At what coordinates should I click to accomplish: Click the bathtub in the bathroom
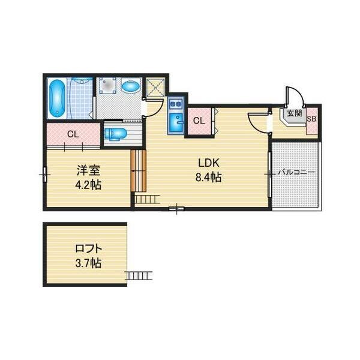(x=57, y=98)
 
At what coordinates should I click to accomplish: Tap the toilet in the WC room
(x=115, y=134)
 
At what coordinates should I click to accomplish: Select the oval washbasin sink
(x=131, y=87)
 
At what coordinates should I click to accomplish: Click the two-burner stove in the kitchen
(x=176, y=104)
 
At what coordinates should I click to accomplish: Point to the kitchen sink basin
(x=176, y=123)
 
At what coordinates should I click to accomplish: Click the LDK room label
(x=209, y=163)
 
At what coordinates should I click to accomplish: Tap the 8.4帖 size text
(x=208, y=177)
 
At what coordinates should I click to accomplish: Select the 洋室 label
(x=88, y=170)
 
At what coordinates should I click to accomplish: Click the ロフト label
(x=88, y=248)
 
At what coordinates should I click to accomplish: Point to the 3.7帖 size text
(x=88, y=263)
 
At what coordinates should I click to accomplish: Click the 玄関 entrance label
(x=295, y=113)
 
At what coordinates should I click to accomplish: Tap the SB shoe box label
(x=311, y=119)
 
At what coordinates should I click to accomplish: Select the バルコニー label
(x=296, y=172)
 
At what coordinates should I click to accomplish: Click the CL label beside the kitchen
(x=199, y=121)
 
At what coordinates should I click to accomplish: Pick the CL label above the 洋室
(x=73, y=134)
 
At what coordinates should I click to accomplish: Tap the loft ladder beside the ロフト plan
(x=139, y=275)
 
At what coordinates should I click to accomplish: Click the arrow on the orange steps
(x=139, y=171)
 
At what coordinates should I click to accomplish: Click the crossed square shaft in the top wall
(x=155, y=87)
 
